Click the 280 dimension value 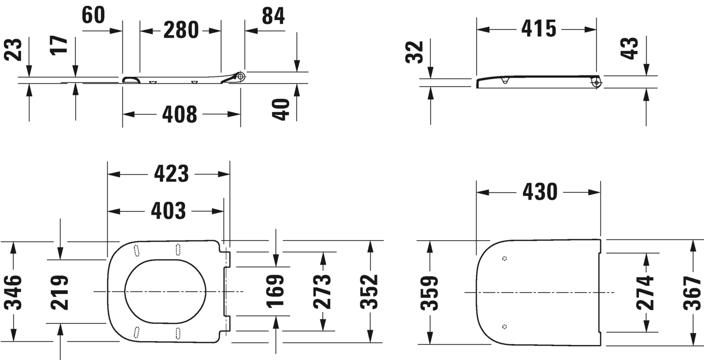coord(181,30)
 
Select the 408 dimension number coord(179,114)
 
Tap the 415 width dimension coord(538,29)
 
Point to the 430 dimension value coord(540,192)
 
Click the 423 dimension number coord(171,174)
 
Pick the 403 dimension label coord(168,211)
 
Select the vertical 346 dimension coord(13,292)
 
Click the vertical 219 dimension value coord(60,292)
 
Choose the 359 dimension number coord(430,292)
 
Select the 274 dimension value coord(645,292)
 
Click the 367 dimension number coord(692,292)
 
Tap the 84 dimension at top coord(273,16)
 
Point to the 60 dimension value coord(93,15)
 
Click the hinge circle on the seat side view coord(240,76)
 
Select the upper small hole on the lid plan coord(505,258)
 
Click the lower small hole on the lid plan coord(505,326)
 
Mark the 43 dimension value coord(632,48)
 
